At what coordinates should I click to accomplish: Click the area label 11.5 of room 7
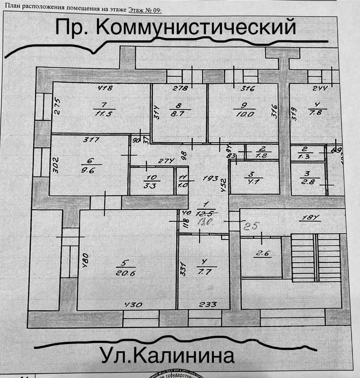(x=104, y=114)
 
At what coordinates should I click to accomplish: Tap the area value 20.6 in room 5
(x=126, y=274)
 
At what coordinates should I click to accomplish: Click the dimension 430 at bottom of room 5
(x=133, y=304)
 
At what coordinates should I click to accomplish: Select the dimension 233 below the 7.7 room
(x=208, y=304)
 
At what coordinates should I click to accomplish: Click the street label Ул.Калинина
(x=167, y=356)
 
